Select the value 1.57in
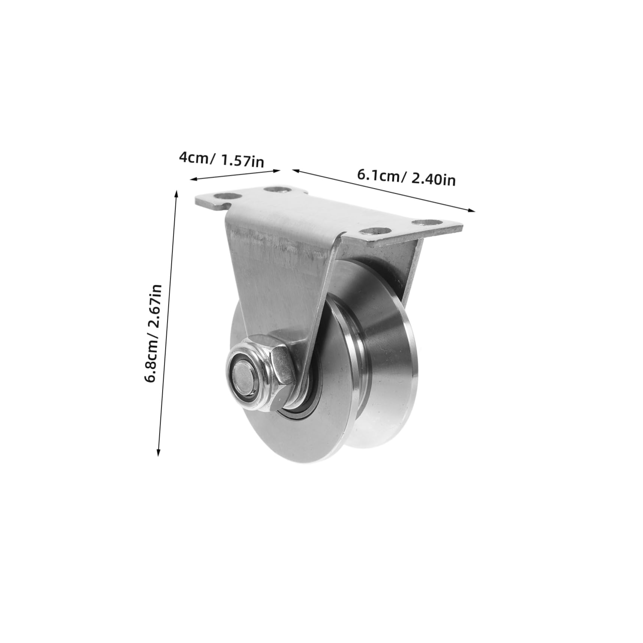[242, 161]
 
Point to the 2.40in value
[434, 180]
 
